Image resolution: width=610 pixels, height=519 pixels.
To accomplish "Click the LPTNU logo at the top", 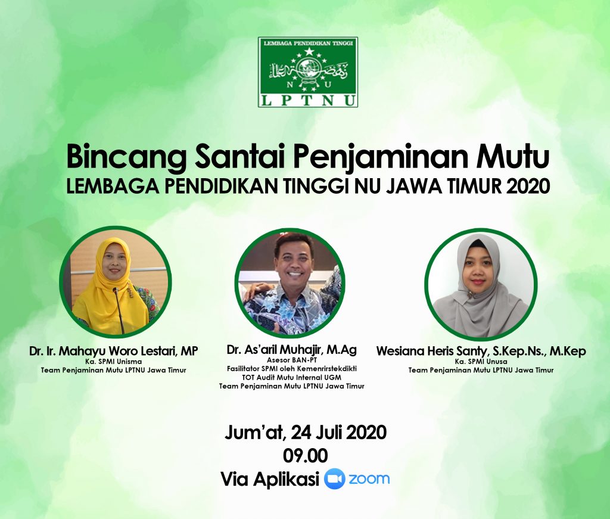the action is [x=308, y=72].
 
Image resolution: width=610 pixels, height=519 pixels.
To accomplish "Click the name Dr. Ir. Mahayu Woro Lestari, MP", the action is [x=113, y=351].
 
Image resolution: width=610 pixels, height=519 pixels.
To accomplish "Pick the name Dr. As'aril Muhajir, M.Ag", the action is [x=291, y=349].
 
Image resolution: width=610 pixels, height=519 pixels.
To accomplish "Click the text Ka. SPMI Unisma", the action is [x=113, y=362].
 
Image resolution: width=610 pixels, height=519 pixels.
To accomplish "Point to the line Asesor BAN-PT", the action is [x=291, y=360].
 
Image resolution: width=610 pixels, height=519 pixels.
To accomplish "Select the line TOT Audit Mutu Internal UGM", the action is [x=291, y=377].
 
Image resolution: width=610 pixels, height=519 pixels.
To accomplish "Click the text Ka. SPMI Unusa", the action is [x=481, y=362].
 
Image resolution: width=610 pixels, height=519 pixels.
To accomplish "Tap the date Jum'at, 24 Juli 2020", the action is [x=306, y=433].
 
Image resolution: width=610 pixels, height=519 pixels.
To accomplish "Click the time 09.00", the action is [x=306, y=456].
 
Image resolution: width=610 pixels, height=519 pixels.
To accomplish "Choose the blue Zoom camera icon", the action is [x=335, y=479].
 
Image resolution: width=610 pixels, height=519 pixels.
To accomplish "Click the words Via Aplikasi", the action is [x=270, y=479].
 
